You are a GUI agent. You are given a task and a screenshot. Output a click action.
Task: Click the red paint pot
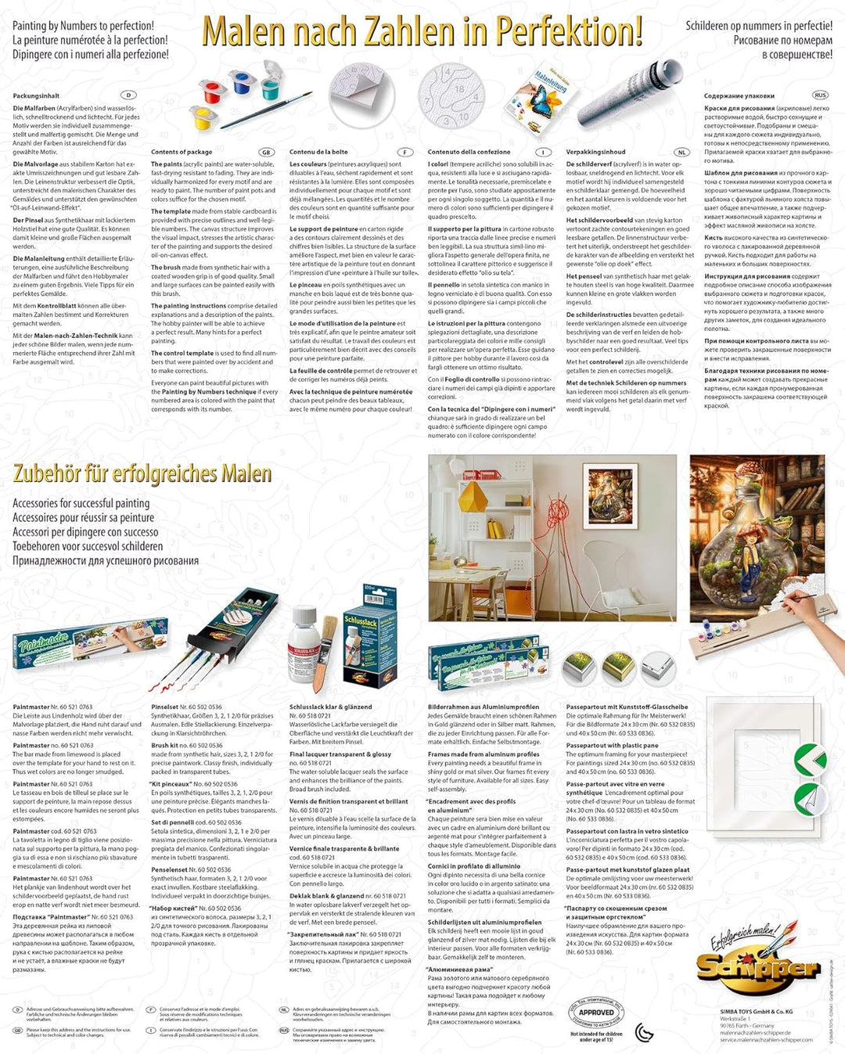coord(212,92)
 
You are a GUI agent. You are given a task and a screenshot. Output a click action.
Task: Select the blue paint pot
coord(243,80)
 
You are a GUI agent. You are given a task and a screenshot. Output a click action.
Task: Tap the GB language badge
coord(267,153)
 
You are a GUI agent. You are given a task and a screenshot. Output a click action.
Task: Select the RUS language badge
coord(820,95)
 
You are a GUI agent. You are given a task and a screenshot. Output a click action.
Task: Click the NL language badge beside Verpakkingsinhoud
coord(681,153)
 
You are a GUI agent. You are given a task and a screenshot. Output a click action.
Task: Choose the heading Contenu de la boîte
coord(318,152)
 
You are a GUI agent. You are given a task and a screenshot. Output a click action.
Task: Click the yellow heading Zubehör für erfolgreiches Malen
coord(142,474)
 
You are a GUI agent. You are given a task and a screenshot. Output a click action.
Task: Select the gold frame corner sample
coord(619,668)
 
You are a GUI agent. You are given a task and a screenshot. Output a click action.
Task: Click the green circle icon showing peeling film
coord(809,799)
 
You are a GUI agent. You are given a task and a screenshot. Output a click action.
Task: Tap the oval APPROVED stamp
coord(596,1012)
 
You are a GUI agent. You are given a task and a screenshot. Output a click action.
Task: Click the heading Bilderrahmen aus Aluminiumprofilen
coord(483,707)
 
